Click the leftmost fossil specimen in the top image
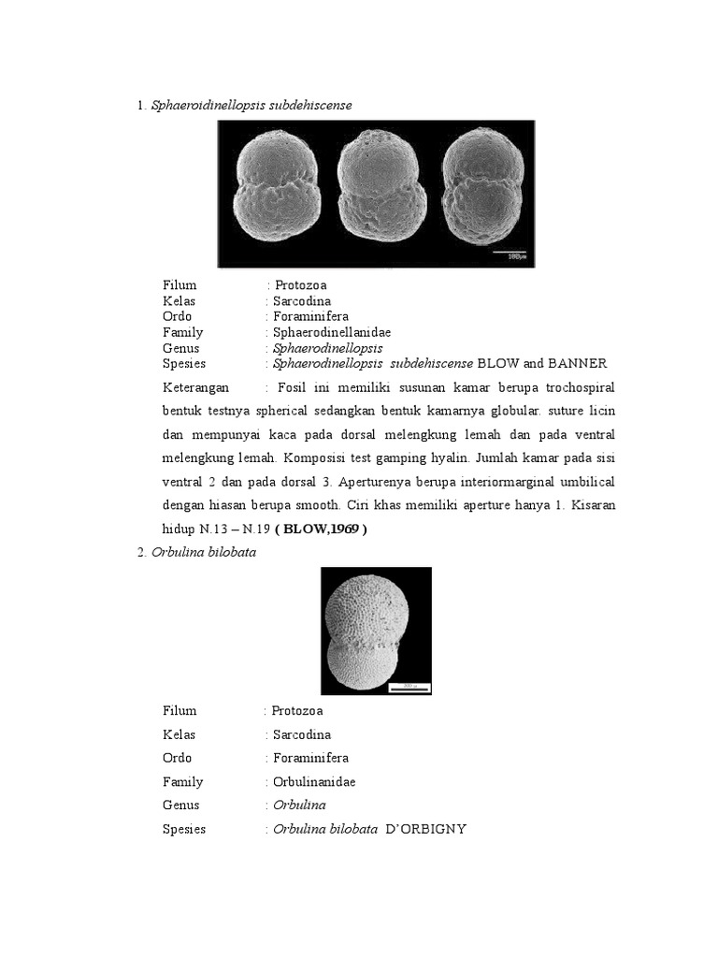coord(276,190)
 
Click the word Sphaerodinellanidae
coord(331,332)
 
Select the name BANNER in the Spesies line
coord(578,363)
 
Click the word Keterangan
coord(195,387)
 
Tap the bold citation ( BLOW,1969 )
coord(325,530)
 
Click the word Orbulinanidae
coord(314,782)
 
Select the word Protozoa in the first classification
coord(301,285)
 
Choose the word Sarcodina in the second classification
coord(301,734)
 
